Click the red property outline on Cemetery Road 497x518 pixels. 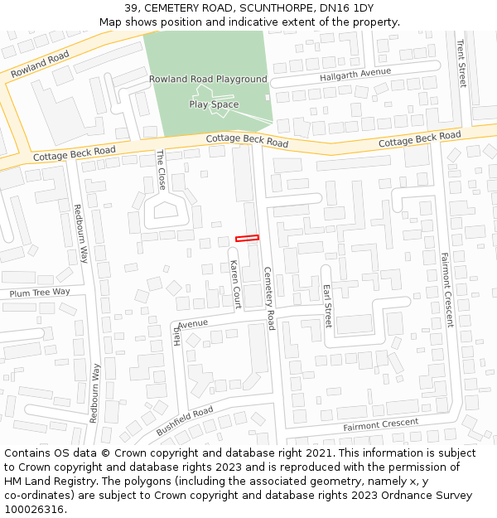tap(247, 238)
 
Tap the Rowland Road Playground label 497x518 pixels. tap(208, 80)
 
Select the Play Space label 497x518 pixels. tap(214, 104)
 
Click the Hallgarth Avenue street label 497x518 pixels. tap(355, 75)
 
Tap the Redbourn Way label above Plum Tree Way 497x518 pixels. tap(80, 235)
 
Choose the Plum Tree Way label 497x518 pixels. tap(40, 293)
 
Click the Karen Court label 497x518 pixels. tap(234, 284)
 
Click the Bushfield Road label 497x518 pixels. tap(185, 421)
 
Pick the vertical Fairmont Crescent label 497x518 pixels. tap(447, 289)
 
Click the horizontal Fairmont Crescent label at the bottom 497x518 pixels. tap(380, 424)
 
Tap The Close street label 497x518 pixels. tap(162, 170)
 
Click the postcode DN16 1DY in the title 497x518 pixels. tap(352, 8)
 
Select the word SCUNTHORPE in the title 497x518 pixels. tap(274, 8)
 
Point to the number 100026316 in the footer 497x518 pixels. tap(33, 509)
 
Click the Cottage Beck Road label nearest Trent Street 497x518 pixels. tap(419, 139)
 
